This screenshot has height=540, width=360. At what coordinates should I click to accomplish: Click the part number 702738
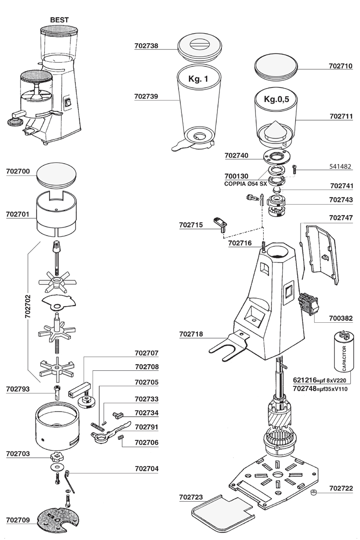coord(146,46)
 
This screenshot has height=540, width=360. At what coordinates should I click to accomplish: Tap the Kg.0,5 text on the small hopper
coord(276,99)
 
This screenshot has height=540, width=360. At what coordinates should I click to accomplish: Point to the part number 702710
coord(341,65)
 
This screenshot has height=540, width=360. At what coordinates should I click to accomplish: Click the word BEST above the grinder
coord(59,19)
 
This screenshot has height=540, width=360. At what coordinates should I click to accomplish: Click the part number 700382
coord(341,319)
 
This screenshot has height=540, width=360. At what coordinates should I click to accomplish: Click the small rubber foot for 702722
coord(314,494)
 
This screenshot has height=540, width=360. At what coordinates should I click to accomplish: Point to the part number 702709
coord(18,520)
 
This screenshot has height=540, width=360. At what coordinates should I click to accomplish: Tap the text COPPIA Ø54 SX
coord(246,184)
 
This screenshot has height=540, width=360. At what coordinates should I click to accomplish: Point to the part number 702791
coord(146,427)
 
